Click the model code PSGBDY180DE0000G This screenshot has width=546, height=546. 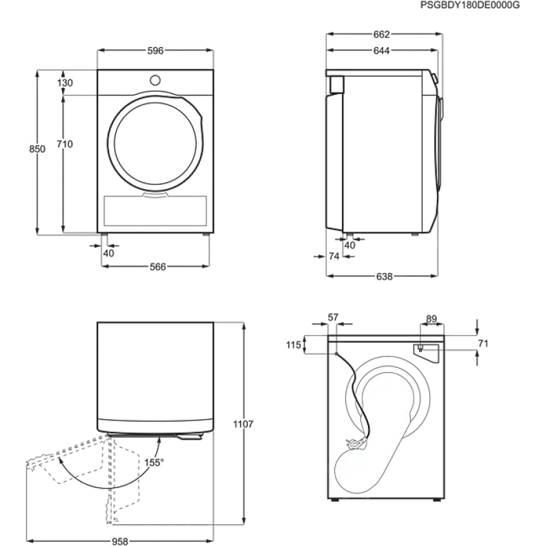tap(470, 5)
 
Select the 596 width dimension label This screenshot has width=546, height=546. tap(156, 51)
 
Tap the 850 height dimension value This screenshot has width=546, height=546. tap(37, 149)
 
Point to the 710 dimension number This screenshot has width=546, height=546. tap(65, 144)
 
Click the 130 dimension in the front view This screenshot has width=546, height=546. tap(65, 83)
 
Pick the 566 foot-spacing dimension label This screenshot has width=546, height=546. tap(158, 267)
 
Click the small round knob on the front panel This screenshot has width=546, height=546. tap(155, 81)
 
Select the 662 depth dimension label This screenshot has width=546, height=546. tap(382, 35)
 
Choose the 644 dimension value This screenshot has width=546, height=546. tap(382, 51)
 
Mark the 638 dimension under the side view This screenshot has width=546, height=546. tap(384, 276)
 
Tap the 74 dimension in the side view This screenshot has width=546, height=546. tap(334, 257)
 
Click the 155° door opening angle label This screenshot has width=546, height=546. tap(154, 463)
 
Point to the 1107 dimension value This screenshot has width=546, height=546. tap(243, 424)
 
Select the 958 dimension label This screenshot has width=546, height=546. tap(120, 541)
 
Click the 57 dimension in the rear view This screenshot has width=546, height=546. tap(333, 317)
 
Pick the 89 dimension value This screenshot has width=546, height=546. tap(431, 319)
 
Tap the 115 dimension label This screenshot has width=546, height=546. tap(293, 345)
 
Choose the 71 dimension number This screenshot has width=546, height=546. tap(483, 344)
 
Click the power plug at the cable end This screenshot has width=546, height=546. tap(356, 443)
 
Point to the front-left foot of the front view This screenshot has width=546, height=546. tap(104, 235)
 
